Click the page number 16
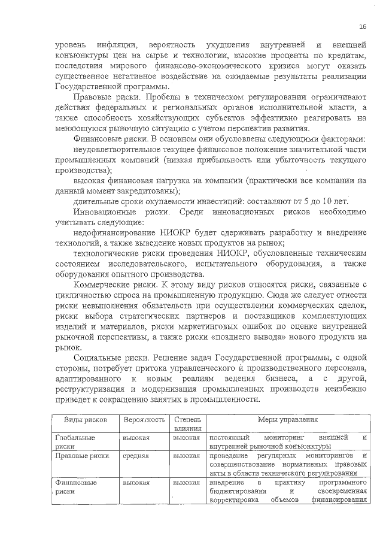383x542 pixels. [x=363, y=26]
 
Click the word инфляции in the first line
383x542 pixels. [x=112, y=45]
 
